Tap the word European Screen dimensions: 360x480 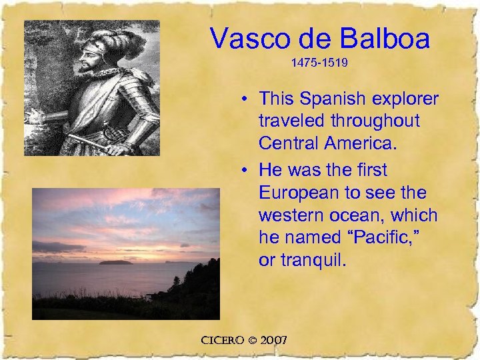(x=297, y=193)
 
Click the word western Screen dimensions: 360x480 (x=291, y=215)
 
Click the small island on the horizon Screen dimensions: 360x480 (x=114, y=262)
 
